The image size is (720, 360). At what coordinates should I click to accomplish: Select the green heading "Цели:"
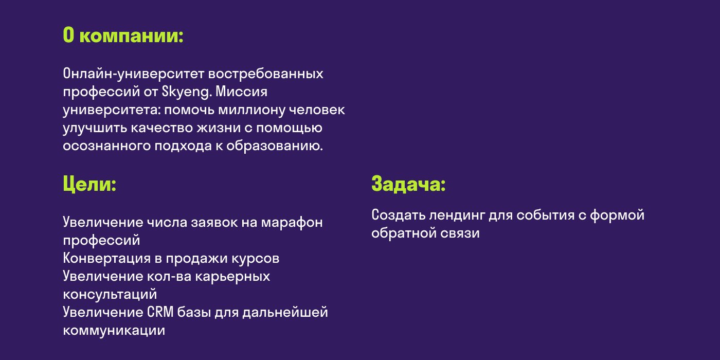(89, 184)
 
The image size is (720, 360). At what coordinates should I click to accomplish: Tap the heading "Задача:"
(408, 184)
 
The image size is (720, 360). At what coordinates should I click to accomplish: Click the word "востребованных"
(265, 74)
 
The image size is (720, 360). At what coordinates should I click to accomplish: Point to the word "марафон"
(292, 222)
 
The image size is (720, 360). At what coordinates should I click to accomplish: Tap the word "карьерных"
(237, 276)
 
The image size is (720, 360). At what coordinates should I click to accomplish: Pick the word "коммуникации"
(114, 330)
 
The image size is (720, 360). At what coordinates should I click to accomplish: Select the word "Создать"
(396, 215)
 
